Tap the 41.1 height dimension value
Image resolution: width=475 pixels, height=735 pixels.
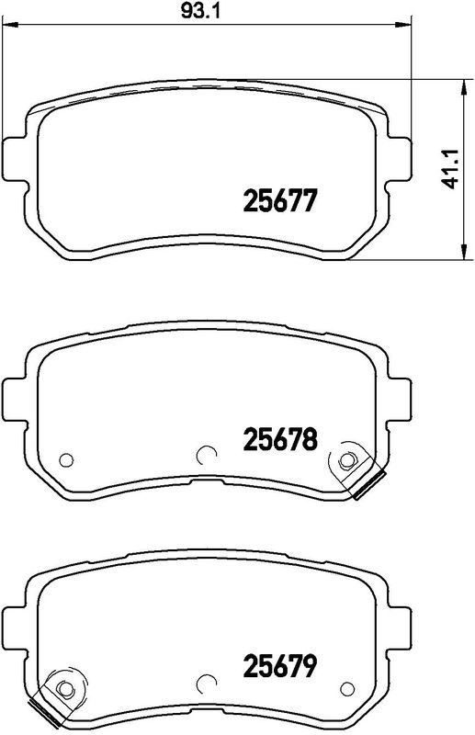coord(448,170)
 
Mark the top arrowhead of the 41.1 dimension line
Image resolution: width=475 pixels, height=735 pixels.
coord(459,85)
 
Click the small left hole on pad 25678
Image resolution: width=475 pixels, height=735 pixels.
coord(65,460)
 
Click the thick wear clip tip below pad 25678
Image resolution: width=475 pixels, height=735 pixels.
coord(371,488)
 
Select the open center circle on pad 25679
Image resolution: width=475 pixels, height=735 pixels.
coord(207,684)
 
